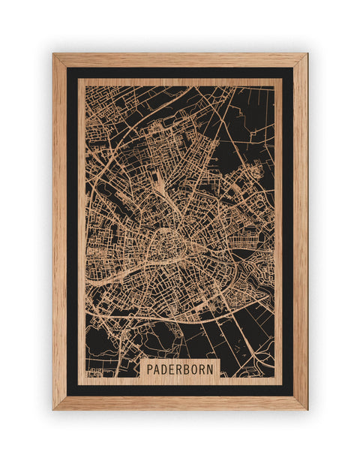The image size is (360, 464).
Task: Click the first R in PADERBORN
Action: click(182, 369)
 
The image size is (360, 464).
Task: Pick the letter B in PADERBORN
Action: click(190, 369)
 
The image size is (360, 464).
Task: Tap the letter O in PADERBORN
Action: click(199, 369)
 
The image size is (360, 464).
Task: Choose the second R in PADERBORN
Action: click(207, 369)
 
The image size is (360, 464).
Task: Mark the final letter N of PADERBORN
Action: click(215, 369)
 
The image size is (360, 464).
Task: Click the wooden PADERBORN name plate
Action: click(180, 369)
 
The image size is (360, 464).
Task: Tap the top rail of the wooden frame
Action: click(180, 60)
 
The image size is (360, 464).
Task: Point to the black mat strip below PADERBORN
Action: click(180, 389)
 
